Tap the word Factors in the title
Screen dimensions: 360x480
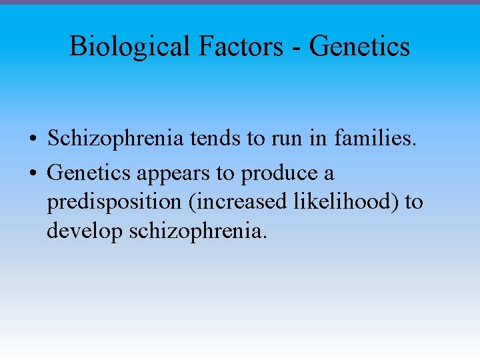point(229,46)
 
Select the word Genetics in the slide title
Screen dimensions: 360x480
point(359,46)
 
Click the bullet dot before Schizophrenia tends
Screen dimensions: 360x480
point(33,139)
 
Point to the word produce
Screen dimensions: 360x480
point(279,174)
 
